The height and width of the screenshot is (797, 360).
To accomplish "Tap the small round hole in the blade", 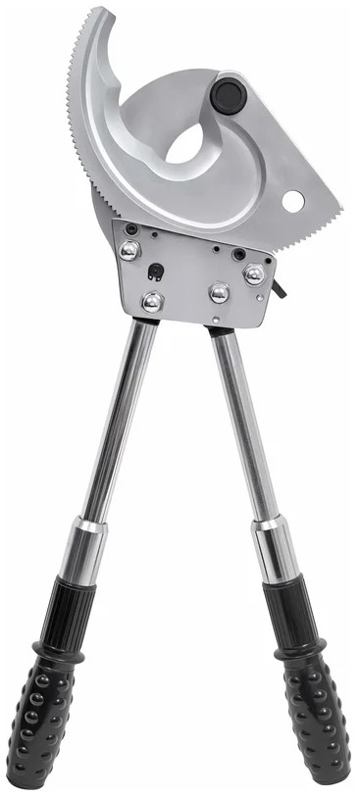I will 293,201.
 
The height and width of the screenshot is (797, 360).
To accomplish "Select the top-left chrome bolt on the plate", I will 129,251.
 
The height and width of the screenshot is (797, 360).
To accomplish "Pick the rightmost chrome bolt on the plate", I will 254,274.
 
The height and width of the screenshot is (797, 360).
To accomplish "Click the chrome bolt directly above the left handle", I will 151,302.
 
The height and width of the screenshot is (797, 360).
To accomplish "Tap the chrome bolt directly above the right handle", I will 220,292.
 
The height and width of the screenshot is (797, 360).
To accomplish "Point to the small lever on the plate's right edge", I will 282,288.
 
